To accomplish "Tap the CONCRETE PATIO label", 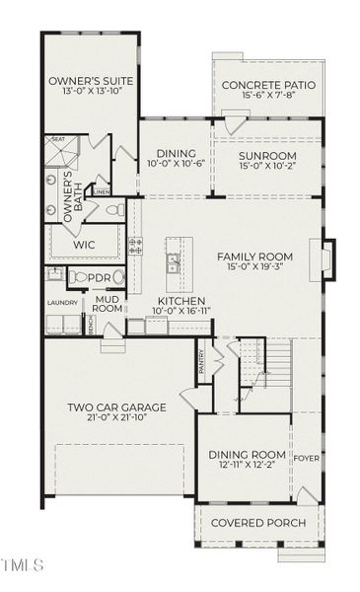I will pyautogui.click(x=268, y=86).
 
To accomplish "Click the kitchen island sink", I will pyautogui.click(x=174, y=262).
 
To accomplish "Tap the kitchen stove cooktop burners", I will pyautogui.click(x=135, y=246).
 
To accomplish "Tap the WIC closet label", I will pyautogui.click(x=84, y=244).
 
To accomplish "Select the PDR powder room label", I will pyautogui.click(x=100, y=278).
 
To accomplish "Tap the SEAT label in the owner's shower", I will pyautogui.click(x=58, y=140).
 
